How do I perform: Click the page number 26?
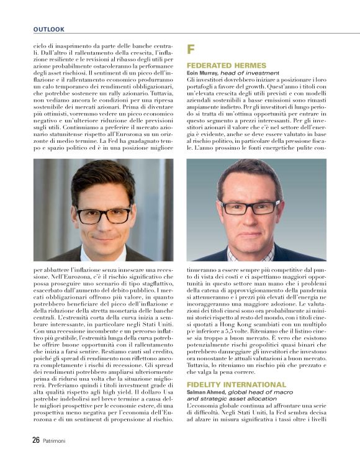pyautogui.click(x=37, y=440)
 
